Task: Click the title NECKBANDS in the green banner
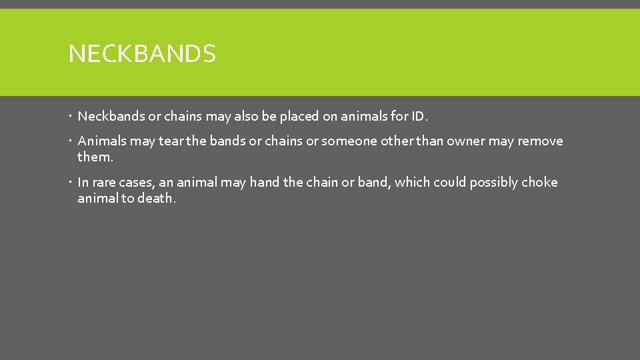pos(142,53)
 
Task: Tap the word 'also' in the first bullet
pos(244,117)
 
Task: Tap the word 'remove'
pos(541,141)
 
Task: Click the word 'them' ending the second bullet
pos(94,157)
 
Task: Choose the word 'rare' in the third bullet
pos(103,183)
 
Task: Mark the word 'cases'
pos(137,183)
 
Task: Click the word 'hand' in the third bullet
pos(265,183)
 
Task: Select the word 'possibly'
pos(493,183)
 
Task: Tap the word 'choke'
pos(540,183)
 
